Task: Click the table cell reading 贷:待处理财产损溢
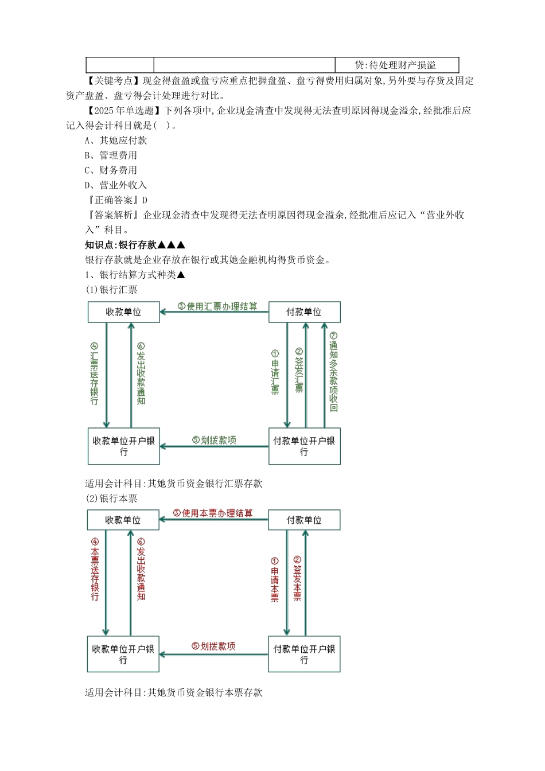pos(396,65)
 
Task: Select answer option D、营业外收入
pos(116,185)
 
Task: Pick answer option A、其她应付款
pos(116,140)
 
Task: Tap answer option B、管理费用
pos(111,155)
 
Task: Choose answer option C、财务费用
pos(111,170)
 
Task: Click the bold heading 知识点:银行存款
pos(135,245)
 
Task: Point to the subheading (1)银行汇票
pos(111,290)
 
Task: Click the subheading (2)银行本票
pos(111,499)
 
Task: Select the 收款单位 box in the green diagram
pos(123,312)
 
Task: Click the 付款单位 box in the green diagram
pos(304,312)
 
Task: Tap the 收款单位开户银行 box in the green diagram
pos(123,446)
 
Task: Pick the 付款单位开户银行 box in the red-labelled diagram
pos(304,654)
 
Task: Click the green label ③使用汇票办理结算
pos(217,306)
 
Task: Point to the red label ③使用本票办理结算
pos(213,513)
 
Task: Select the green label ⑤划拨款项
pos(214,440)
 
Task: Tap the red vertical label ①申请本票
pos(275,579)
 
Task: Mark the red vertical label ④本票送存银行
pos(95,569)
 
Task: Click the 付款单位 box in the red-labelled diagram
pos(304,520)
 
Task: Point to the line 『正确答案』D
pos(116,200)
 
